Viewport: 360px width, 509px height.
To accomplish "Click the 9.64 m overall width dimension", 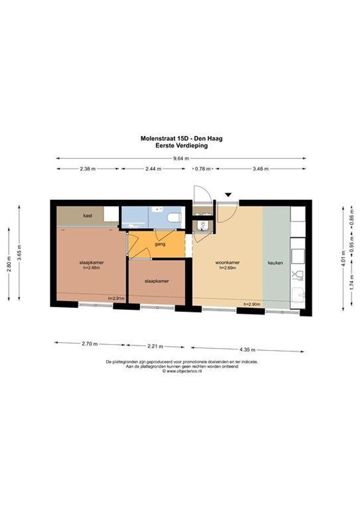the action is [181, 158].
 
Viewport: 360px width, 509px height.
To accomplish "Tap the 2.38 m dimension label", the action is [88, 169].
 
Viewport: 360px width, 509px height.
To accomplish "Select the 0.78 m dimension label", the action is [203, 169].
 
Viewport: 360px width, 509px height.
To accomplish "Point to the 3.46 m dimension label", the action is [261, 169].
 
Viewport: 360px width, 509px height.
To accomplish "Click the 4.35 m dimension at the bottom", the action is [247, 350].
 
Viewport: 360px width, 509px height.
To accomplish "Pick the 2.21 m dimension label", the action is [155, 346].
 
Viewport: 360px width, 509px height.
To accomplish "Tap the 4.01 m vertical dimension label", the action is [343, 257].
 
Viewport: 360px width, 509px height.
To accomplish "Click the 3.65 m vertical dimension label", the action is [19, 252].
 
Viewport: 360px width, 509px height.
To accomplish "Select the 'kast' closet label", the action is [88, 215].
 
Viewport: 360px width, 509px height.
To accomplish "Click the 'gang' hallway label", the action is [160, 244].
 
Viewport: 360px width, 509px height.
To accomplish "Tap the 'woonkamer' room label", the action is [228, 263].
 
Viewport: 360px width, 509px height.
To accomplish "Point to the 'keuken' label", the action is [275, 263].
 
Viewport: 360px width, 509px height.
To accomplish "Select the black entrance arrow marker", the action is [229, 195].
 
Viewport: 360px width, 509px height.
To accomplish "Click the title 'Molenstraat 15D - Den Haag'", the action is [181, 138].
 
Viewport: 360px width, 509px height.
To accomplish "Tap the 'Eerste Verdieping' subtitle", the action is [181, 146].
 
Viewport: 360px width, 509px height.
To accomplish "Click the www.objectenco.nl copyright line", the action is [182, 371].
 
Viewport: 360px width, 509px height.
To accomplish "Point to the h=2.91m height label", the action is [116, 298].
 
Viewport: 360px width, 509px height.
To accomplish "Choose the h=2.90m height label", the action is [252, 304].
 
